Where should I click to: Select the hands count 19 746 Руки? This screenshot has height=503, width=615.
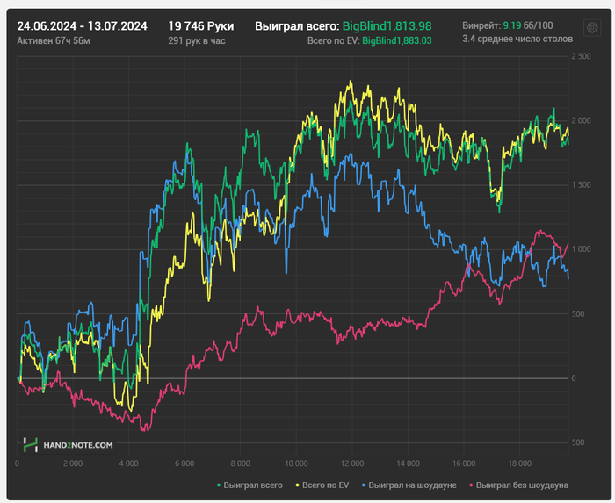[x=200, y=26]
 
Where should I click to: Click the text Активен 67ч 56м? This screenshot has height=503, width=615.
[x=54, y=41]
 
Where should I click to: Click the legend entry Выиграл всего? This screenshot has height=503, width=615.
[x=253, y=485]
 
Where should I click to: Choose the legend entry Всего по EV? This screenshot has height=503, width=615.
[x=328, y=485]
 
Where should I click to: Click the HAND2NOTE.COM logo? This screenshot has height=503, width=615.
[x=69, y=445]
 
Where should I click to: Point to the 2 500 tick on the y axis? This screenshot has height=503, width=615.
[x=580, y=56]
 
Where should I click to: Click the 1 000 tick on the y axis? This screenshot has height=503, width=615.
[x=580, y=249]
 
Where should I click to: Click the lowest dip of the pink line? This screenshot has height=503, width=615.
[x=145, y=430]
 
